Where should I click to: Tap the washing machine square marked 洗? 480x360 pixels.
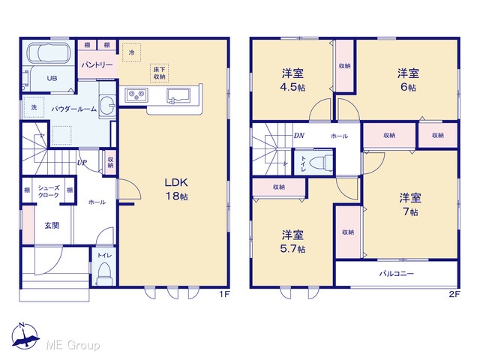tap(34, 107)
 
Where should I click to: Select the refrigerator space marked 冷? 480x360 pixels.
tap(132, 52)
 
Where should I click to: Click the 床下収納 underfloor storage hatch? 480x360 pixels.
tap(159, 73)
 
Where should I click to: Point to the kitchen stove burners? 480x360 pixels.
tap(136, 94)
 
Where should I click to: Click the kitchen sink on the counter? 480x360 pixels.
tap(178, 95)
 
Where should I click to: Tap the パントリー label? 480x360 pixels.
tap(97, 65)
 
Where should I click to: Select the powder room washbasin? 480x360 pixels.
tap(107, 104)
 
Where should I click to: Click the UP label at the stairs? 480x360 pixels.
tap(82, 163)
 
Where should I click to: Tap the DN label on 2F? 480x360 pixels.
tap(299, 135)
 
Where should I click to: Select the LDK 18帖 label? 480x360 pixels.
tap(176, 189)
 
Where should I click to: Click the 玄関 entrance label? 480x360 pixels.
tap(52, 226)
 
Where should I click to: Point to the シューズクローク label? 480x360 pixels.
tap(48, 191)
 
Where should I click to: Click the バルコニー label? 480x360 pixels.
tap(397, 273)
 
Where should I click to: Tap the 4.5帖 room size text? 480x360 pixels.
tap(292, 87)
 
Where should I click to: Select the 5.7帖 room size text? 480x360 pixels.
tap(292, 249)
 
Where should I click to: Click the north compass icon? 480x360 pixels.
tap(25, 336)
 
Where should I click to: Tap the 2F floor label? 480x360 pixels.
tap(454, 294)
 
